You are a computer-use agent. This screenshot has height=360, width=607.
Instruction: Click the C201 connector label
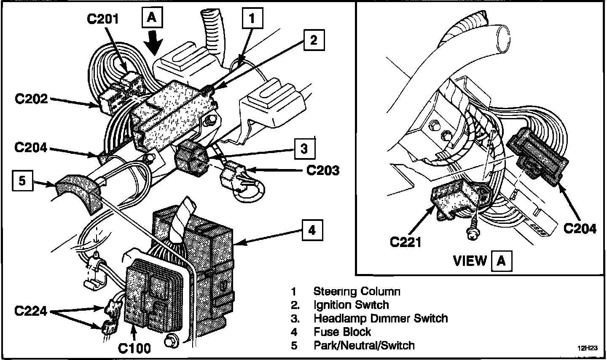pos(103,19)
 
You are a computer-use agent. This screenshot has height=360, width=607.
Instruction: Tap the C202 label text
pos(31,99)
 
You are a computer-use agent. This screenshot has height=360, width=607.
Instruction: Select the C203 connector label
pos(323,170)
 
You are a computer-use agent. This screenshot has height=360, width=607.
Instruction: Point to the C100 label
pos(134,348)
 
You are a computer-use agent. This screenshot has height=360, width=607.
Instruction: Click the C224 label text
pos(31,311)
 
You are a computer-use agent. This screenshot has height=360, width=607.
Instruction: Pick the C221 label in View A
pos(406,242)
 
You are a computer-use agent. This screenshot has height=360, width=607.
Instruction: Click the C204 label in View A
pos(580,228)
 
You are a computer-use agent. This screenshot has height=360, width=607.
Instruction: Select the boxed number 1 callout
pos(252,18)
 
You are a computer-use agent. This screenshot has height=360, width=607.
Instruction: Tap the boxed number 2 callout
pos(314,40)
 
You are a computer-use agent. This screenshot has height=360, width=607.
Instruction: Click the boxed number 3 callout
pos(305,149)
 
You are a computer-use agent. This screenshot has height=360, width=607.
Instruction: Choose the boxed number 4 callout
pos(312,230)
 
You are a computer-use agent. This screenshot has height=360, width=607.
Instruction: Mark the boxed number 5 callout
pos(22,180)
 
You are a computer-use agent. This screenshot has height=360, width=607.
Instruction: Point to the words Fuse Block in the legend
pos(342,332)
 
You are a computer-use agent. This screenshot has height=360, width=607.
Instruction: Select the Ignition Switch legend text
pos(351,305)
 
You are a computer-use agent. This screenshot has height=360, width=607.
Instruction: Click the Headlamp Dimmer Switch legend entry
pos(381,318)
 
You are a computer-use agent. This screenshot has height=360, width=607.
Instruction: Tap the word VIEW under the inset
pos(470,261)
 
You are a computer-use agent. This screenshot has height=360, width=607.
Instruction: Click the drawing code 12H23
pos(588,348)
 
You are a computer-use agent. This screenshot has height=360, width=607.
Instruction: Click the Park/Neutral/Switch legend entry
pos(364,345)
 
